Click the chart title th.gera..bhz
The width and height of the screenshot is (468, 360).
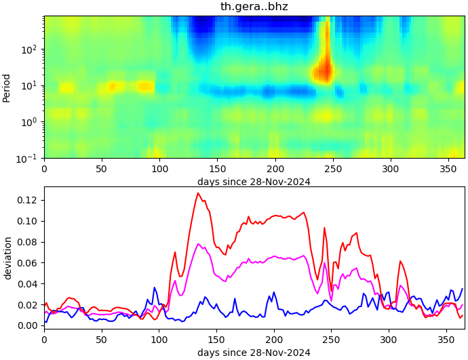(254, 7)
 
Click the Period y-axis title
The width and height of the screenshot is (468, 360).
(7, 87)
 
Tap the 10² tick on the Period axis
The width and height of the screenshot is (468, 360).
(30, 49)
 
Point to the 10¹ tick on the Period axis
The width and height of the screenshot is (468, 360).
(30, 85)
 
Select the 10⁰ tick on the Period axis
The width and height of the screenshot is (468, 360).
(30, 122)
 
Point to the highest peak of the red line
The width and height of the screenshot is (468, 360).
(198, 193)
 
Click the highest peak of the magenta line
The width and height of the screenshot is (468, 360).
(198, 244)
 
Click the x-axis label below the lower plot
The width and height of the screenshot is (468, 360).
(254, 353)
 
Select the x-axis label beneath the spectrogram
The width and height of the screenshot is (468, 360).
(254, 181)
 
